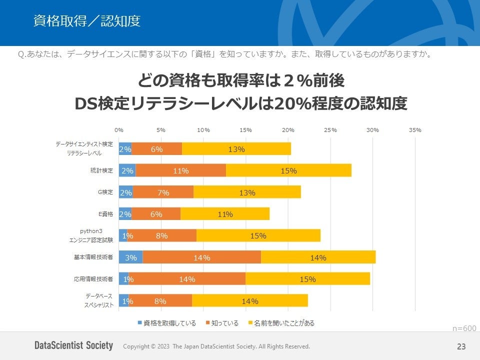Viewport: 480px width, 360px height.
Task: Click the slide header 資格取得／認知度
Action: coord(86,21)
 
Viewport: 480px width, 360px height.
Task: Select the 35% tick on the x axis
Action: coord(415,130)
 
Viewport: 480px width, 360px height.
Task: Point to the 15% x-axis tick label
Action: coord(245,130)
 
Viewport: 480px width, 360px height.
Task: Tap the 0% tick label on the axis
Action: coord(119,130)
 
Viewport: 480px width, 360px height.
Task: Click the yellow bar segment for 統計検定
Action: coord(288,170)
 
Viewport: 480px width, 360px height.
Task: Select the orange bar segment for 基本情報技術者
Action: coord(201,257)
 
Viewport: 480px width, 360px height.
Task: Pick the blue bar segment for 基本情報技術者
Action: coord(130,257)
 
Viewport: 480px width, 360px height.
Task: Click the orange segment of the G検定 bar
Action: coord(163,192)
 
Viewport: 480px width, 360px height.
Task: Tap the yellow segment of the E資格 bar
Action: coord(225,214)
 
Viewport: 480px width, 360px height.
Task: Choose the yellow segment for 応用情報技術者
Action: coord(307,279)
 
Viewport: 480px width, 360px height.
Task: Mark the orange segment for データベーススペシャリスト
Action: coord(160,301)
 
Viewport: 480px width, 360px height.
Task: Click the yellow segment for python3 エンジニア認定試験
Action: coord(258,235)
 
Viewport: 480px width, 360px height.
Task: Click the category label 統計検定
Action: coord(101,170)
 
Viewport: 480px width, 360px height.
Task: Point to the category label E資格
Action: coord(105,214)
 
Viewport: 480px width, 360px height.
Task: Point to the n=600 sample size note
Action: coord(464,328)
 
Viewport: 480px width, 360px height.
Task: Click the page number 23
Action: coord(461,346)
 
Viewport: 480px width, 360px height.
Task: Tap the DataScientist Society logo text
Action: coord(73,346)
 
